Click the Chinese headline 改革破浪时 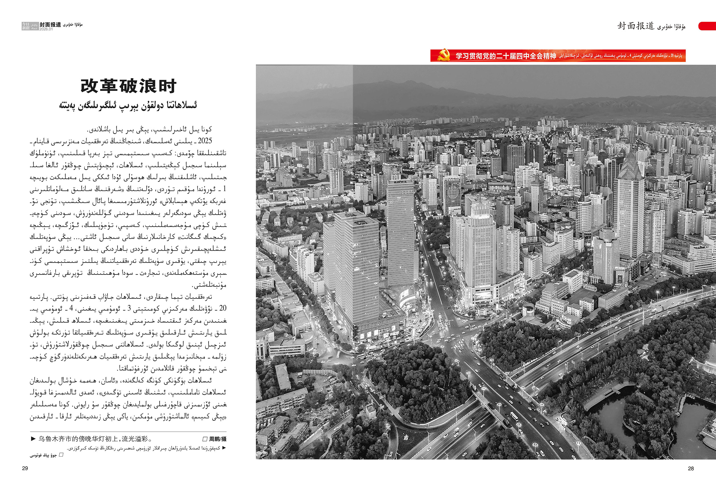pyautogui.click(x=128, y=86)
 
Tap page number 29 pyautogui.click(x=25, y=468)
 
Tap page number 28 pyautogui.click(x=691, y=468)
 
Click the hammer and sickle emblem pyautogui.click(x=443, y=55)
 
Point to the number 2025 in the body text pyautogui.click(x=205, y=141)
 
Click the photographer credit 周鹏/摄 pyautogui.click(x=217, y=439)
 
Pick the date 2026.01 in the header pyautogui.click(x=46, y=29)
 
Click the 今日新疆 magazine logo pyautogui.click(x=26, y=26)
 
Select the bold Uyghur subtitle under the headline pyautogui.click(x=128, y=105)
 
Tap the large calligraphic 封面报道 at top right pyautogui.click(x=635, y=26)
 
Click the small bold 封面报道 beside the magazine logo pyautogui.click(x=50, y=24)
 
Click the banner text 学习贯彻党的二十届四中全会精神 pyautogui.click(x=506, y=56)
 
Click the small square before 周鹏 pyautogui.click(x=205, y=439)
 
